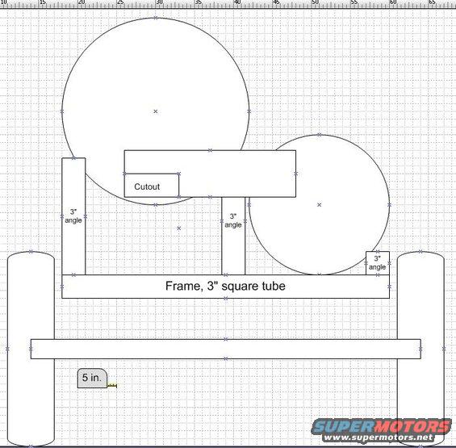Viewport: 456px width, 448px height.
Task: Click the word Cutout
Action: [147, 186]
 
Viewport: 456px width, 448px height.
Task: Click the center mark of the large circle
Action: [156, 111]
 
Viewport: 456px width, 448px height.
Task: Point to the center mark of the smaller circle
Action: [320, 205]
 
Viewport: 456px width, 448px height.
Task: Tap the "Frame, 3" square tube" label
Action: [225, 286]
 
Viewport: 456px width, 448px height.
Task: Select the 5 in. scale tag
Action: [92, 378]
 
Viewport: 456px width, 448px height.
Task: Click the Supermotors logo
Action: [382, 426]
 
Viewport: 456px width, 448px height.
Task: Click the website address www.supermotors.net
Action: [378, 438]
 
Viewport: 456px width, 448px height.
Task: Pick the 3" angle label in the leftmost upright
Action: [73, 216]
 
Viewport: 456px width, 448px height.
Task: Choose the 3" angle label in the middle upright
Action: [233, 220]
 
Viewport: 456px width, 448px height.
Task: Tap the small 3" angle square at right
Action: [378, 263]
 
